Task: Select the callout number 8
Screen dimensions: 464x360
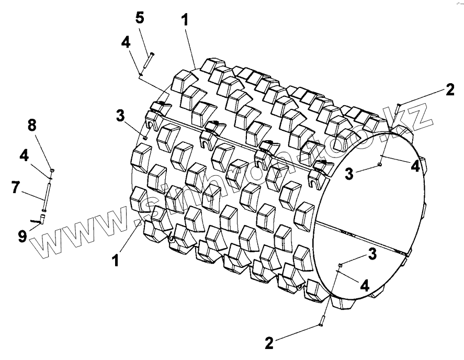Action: pyautogui.click(x=32, y=126)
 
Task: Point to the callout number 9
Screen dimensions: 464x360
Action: pyautogui.click(x=22, y=237)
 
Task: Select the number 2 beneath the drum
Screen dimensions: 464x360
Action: pyautogui.click(x=269, y=343)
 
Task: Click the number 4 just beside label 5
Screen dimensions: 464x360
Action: pyautogui.click(x=126, y=43)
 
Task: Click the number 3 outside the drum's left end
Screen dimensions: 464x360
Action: pyautogui.click(x=120, y=115)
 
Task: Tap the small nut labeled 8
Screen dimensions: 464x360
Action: pyautogui.click(x=52, y=171)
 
